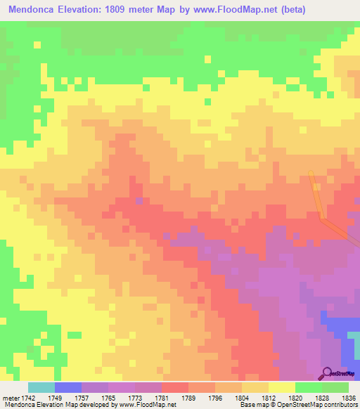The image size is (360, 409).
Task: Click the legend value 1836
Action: coord(349,396)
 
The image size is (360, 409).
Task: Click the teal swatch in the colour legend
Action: coord(41,387)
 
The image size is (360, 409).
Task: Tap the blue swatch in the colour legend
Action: coord(68,387)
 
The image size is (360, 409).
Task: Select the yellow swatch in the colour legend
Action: coord(282,387)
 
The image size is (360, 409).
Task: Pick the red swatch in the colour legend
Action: coord(175,387)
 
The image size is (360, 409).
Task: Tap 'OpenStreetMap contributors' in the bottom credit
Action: coord(326,405)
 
